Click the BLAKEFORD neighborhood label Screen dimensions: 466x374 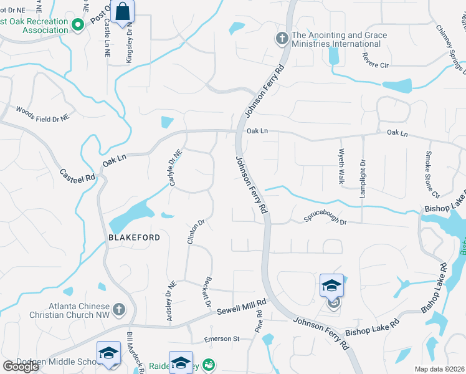(x=134, y=237)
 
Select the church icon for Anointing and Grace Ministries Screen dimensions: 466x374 (x=282, y=39)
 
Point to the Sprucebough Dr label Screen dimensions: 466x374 (x=324, y=218)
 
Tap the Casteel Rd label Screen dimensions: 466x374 (x=78, y=175)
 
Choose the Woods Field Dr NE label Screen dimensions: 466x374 (x=42, y=112)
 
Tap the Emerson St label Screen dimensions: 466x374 (x=222, y=339)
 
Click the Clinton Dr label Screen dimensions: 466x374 (x=196, y=231)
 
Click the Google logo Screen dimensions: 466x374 (x=21, y=367)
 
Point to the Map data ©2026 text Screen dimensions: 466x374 (x=439, y=369)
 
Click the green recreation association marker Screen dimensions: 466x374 (x=78, y=25)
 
